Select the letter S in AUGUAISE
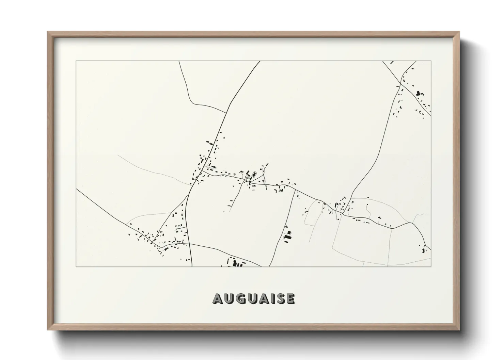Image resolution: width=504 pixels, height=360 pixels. [x=279, y=298]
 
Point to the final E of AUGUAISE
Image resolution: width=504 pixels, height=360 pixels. [x=290, y=298]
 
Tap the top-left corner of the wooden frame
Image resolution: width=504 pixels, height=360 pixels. [x=48, y=32]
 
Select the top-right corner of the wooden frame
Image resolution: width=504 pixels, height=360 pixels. [x=459, y=32]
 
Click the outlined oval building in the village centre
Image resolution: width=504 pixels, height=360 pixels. [x=253, y=174]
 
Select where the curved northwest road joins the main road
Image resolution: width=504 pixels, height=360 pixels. [x=226, y=113]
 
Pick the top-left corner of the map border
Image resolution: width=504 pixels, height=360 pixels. [x=76, y=61]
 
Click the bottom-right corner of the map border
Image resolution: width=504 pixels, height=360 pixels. [x=431, y=266]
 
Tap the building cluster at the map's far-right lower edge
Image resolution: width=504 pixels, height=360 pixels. [x=424, y=250]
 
